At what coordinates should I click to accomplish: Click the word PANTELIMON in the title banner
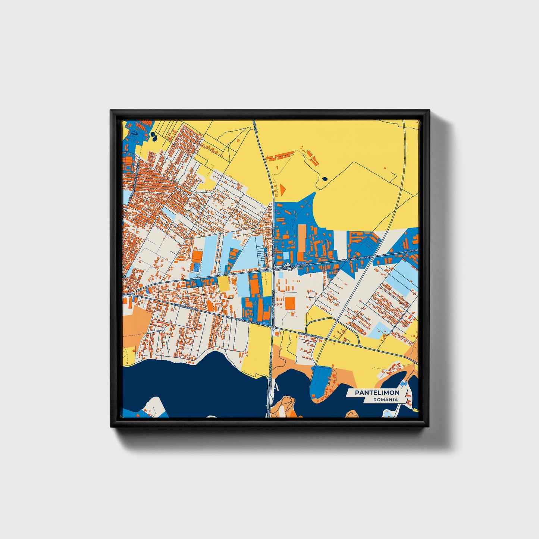pyautogui.click(x=377, y=393)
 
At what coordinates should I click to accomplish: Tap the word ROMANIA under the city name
pyautogui.click(x=385, y=399)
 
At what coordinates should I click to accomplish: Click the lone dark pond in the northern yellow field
pyautogui.click(x=324, y=179)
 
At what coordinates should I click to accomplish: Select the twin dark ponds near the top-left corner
pyautogui.click(x=153, y=137)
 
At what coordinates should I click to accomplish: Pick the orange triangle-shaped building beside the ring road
pyautogui.click(x=282, y=189)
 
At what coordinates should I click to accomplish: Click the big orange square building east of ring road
pyautogui.click(x=290, y=303)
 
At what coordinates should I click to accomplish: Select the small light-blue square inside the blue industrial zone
pyautogui.click(x=286, y=256)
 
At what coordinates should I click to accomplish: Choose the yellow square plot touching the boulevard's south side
pyautogui.click(x=223, y=283)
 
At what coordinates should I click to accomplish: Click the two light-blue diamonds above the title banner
pyautogui.click(x=403, y=383)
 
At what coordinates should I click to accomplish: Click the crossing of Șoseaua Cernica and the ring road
pyautogui.click(x=273, y=328)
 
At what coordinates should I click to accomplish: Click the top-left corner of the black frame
pyautogui.click(x=111, y=111)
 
